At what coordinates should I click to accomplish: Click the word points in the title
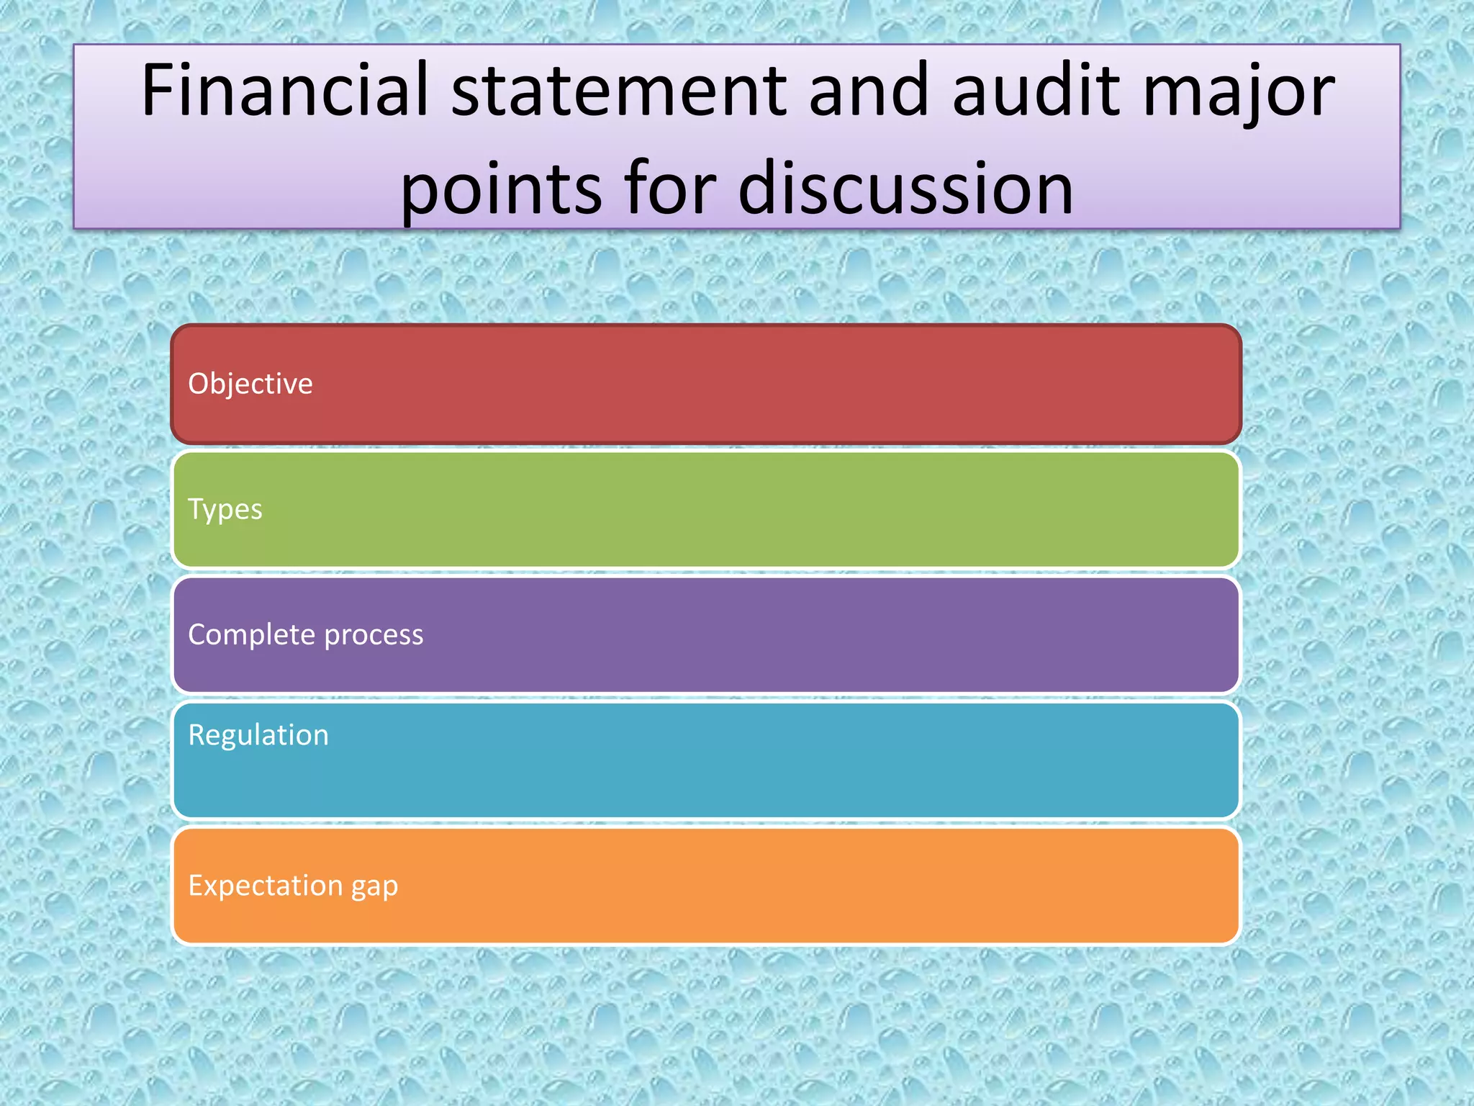pyautogui.click(x=501, y=189)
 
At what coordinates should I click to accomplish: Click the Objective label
pyautogui.click(x=250, y=384)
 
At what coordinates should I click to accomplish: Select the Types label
pyautogui.click(x=225, y=510)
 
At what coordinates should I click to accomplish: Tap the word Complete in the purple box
pyautogui.click(x=251, y=635)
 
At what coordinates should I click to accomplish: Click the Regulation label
pyautogui.click(x=258, y=735)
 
